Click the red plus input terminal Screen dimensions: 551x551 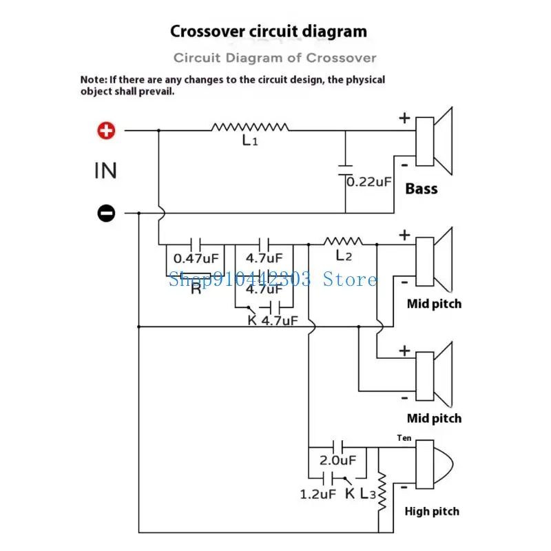(x=106, y=131)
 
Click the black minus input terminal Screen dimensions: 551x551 (x=106, y=213)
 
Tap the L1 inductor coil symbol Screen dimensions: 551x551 (x=250, y=127)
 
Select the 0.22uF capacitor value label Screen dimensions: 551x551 (x=369, y=182)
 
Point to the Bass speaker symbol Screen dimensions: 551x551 (x=434, y=141)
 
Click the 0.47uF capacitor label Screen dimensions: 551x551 (x=196, y=259)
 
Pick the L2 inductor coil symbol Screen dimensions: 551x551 (x=343, y=242)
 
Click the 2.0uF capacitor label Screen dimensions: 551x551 (x=337, y=460)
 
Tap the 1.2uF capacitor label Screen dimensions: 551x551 (x=318, y=495)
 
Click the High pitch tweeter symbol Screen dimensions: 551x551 (x=435, y=464)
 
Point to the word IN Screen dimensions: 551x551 (x=105, y=171)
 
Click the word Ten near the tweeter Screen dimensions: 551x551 (x=404, y=438)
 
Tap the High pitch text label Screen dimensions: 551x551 (x=432, y=511)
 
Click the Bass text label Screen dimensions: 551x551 (x=422, y=189)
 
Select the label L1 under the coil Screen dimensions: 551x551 (x=250, y=141)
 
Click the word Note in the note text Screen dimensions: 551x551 (x=92, y=80)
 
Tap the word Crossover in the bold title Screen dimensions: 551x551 (x=208, y=31)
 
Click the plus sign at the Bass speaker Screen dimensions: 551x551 (x=404, y=118)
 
